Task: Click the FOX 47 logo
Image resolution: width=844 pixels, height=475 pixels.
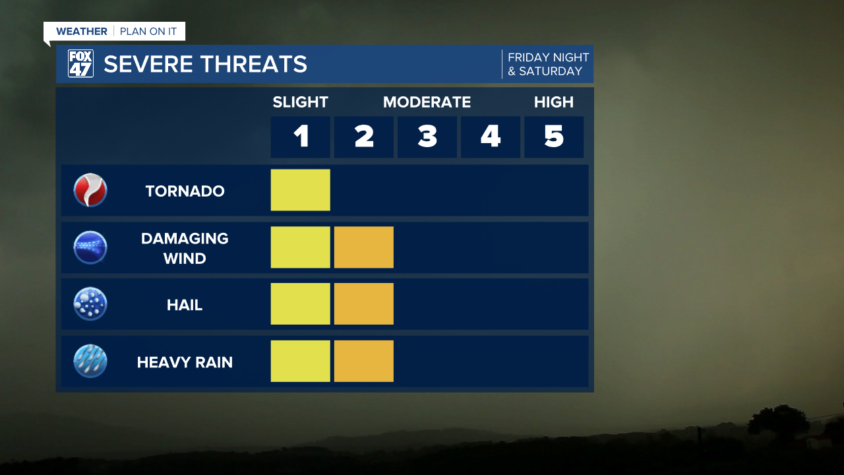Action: point(80,64)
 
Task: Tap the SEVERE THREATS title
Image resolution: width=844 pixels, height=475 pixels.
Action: point(205,64)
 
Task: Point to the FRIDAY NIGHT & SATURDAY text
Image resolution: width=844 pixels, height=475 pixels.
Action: point(547,65)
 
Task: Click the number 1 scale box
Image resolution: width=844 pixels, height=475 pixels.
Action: point(301,137)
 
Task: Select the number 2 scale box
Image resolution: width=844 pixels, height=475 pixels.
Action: point(364,137)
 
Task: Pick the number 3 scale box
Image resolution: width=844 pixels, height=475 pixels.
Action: point(427,137)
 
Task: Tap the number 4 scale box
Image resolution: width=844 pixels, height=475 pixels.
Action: point(491,137)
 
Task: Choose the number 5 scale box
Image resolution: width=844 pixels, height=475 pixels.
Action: point(554,137)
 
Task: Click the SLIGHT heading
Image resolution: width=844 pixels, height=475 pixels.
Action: point(301,102)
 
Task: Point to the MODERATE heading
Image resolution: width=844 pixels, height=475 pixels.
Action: point(427,102)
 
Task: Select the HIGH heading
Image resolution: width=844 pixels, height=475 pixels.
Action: point(554,102)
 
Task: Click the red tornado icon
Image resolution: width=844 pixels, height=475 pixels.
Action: point(90,191)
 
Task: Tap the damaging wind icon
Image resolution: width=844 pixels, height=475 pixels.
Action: point(90,247)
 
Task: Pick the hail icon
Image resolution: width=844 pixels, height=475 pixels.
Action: point(90,304)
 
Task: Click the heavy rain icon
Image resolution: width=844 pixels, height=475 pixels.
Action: point(90,362)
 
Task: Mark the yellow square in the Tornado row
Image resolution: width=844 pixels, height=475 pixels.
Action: point(301,190)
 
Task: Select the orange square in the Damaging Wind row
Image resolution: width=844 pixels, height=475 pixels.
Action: point(364,247)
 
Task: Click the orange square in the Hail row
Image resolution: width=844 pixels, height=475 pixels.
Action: point(364,304)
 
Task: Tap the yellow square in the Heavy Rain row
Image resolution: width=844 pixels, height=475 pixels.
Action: point(301,361)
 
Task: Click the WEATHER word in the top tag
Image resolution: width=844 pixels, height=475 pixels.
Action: point(82,32)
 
